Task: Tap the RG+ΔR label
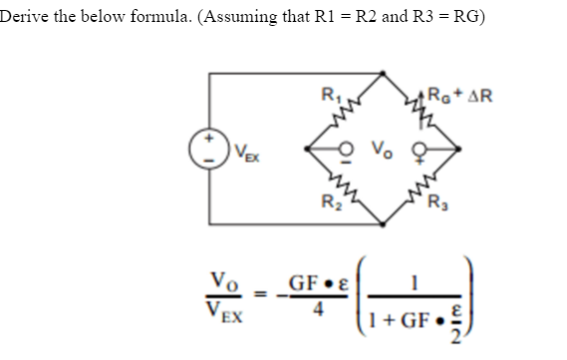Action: tap(461, 98)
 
